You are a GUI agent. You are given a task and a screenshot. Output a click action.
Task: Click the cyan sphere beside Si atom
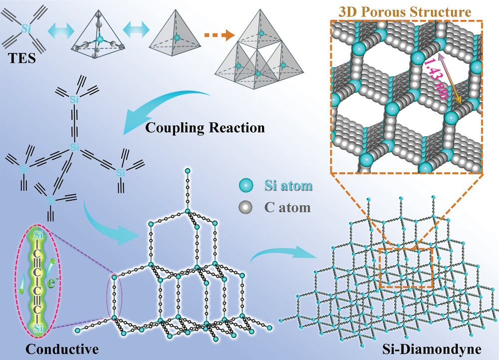click(245, 187)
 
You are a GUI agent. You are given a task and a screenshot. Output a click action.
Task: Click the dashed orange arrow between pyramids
click(220, 35)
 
